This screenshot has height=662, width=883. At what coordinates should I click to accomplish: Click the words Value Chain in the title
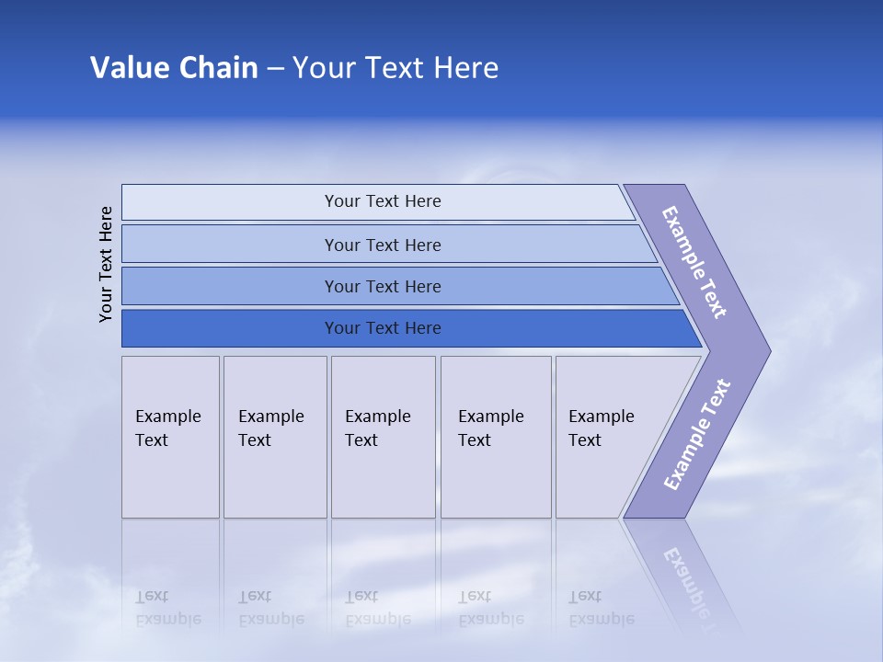[174, 68]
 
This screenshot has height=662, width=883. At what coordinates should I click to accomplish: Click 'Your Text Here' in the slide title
[396, 68]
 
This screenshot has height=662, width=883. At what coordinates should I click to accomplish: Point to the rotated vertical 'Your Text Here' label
[106, 264]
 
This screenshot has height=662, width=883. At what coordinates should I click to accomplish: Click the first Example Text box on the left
[170, 437]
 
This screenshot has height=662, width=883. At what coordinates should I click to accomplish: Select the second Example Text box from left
[275, 437]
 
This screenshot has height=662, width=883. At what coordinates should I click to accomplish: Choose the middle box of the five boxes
[383, 437]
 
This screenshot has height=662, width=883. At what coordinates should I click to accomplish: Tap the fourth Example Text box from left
[496, 437]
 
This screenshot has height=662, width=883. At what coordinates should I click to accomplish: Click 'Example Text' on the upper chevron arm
[694, 262]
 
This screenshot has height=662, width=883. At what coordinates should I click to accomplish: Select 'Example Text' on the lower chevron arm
[696, 435]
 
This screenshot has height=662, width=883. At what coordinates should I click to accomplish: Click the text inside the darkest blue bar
[383, 328]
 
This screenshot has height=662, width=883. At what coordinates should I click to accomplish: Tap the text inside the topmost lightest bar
[383, 201]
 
